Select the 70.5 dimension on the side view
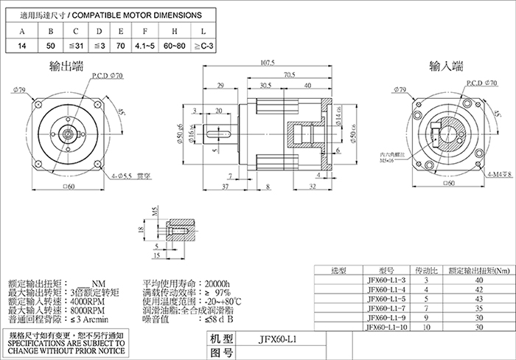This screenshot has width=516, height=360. coord(289,75)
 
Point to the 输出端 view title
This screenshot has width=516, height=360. coord(65,67)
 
